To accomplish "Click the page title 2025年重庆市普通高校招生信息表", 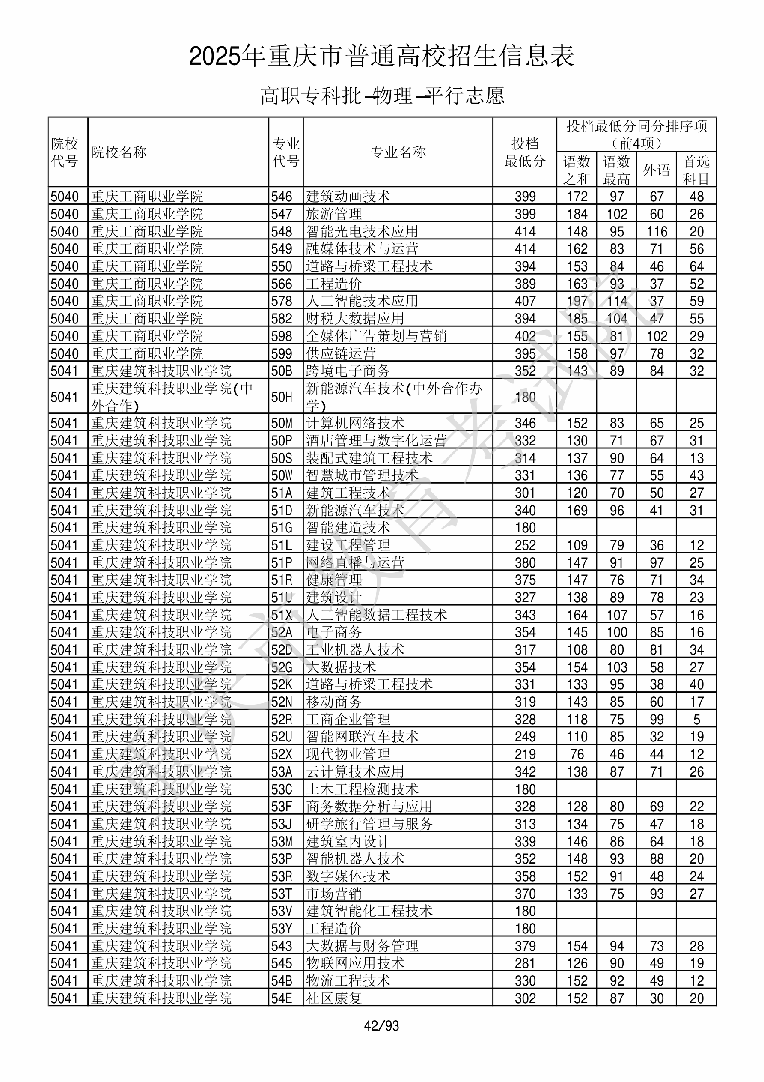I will (x=381, y=57).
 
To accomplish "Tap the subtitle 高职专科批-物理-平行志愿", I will (x=382, y=96).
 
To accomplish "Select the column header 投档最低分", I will (x=524, y=152).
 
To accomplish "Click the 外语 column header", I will (x=656, y=170).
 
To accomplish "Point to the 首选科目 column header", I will (x=696, y=170).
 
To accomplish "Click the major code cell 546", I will (x=282, y=197).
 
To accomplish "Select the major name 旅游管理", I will (x=334, y=214).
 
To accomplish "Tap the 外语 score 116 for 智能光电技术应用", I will (x=657, y=231).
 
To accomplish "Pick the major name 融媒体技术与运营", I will (x=362, y=249).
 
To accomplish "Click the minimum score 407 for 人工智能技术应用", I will (x=525, y=301).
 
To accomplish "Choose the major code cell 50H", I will (x=282, y=397).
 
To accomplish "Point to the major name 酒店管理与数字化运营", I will (x=376, y=441).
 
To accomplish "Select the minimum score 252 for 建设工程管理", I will (x=525, y=545).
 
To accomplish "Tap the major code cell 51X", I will (x=282, y=615).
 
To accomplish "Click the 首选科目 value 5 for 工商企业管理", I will (x=696, y=720).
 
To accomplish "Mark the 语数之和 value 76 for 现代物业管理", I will (x=577, y=754).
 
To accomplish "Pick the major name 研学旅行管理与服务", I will (x=369, y=824).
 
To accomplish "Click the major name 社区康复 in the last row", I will (x=334, y=998).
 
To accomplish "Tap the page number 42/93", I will (x=381, y=1025).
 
